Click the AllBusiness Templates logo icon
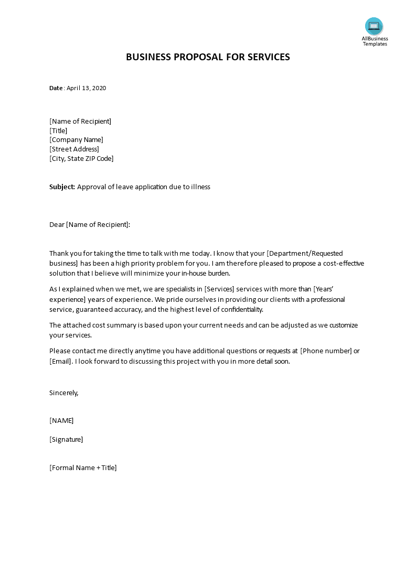pyautogui.click(x=374, y=26)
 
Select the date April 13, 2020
pyautogui.click(x=86, y=88)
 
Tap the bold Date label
pyautogui.click(x=56, y=88)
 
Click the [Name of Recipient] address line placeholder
pyautogui.click(x=80, y=121)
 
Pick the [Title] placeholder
pyautogui.click(x=58, y=130)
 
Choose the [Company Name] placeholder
pyautogui.click(x=76, y=140)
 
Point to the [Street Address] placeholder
pyautogui.click(x=74, y=149)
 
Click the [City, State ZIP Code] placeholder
pyautogui.click(x=81, y=159)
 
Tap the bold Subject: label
pyautogui.click(x=62, y=187)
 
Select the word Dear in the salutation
pyautogui.click(x=57, y=225)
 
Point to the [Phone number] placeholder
pyautogui.click(x=326, y=351)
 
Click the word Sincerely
pyautogui.click(x=63, y=393)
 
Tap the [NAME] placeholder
pyautogui.click(x=61, y=420)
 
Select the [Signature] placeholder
pyautogui.click(x=66, y=440)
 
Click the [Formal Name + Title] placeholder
pyautogui.click(x=83, y=468)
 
